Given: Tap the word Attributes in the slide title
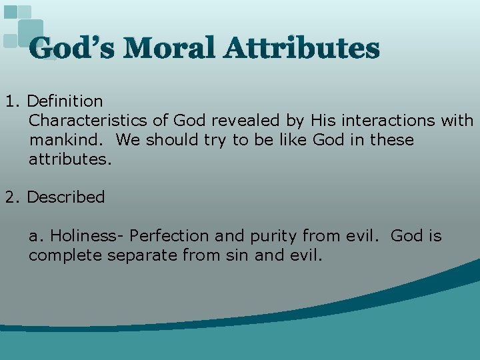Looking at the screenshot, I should coord(301,48).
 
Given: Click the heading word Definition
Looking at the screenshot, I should coord(65,101).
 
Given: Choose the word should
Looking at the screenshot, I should coord(171,140).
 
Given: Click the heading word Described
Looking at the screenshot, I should coord(66,197).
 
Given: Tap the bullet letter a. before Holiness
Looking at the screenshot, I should coord(37,236).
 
